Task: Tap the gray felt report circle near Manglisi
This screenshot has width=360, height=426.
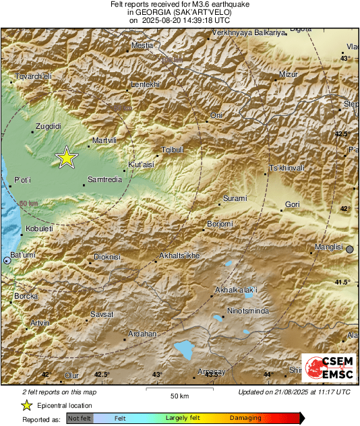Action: coord(350,249)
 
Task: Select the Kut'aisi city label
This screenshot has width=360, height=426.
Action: coord(142,164)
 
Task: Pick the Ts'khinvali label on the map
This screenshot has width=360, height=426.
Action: coord(287,167)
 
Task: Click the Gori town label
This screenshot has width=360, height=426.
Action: coord(292,204)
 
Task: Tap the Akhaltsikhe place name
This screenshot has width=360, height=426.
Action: coord(179,256)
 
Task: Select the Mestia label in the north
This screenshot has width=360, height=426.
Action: coord(142,45)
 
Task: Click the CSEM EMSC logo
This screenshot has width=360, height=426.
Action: coord(326,369)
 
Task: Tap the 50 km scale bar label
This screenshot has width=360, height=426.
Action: coord(179,395)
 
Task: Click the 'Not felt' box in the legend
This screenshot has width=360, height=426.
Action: coord(80,419)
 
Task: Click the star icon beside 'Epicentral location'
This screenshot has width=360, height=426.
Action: coord(26,405)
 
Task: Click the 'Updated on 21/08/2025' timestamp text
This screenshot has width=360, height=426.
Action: coord(294,392)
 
